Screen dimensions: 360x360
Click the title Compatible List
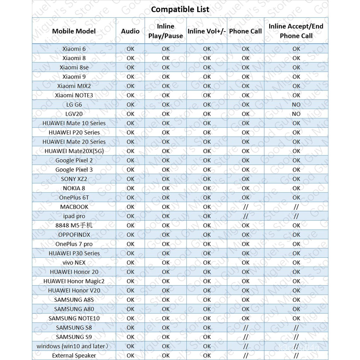tap(180, 9)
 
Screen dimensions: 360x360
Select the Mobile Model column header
tap(74, 31)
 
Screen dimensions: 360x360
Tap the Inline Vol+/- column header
tap(207, 31)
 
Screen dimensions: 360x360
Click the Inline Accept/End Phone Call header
tap(296, 31)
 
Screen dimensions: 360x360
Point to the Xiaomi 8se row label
tap(74, 67)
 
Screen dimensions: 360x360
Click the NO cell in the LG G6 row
tap(296, 104)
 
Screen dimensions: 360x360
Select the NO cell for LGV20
tap(296, 114)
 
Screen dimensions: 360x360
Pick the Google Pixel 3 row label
tap(74, 169)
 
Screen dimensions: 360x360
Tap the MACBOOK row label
tap(74, 207)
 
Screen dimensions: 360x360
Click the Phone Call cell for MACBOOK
tap(245, 207)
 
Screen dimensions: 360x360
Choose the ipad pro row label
tap(74, 216)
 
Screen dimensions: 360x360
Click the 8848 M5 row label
tap(74, 225)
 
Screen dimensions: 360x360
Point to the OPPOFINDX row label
tap(74, 234)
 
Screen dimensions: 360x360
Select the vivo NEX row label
tap(74, 263)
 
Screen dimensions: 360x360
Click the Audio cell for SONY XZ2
tap(130, 179)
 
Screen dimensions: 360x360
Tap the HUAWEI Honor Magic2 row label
tap(74, 281)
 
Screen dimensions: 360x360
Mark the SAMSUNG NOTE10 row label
tap(74, 318)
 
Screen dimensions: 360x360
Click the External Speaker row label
tap(74, 355)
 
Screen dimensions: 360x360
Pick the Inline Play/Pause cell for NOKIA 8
tap(166, 188)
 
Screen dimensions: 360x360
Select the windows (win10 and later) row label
tap(73, 346)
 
